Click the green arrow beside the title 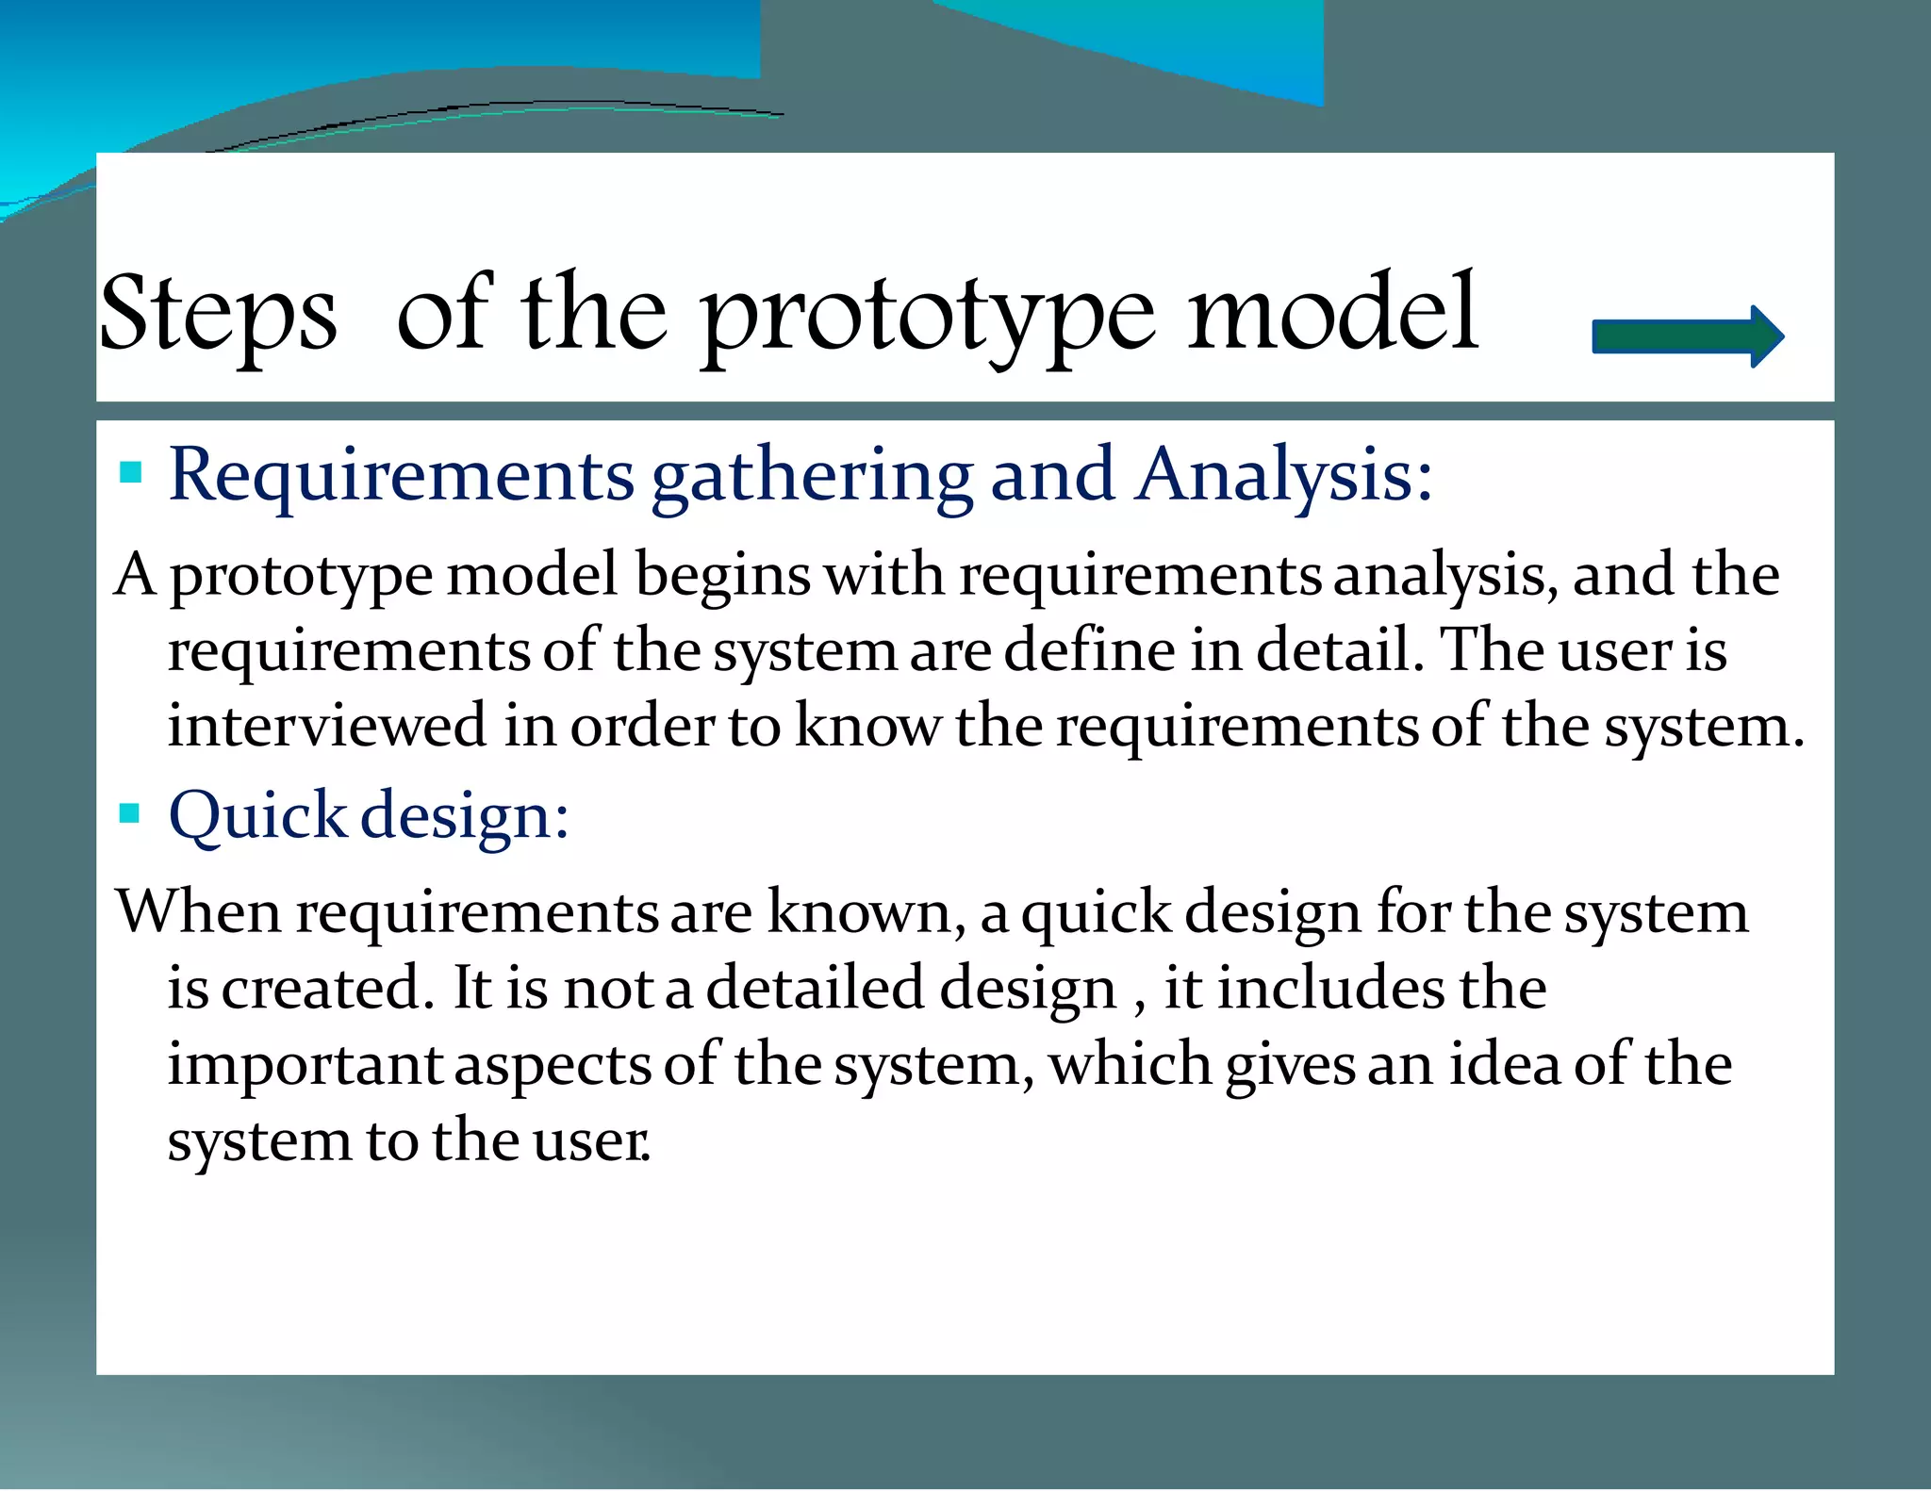click(x=1686, y=336)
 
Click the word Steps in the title click(x=218, y=314)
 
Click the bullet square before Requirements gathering click(x=131, y=471)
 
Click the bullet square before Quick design click(x=130, y=812)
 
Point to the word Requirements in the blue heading click(x=401, y=476)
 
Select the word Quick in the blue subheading click(x=257, y=816)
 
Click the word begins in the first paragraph click(x=722, y=577)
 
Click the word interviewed click(x=327, y=727)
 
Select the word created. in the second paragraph click(x=327, y=989)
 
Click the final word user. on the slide click(x=591, y=1142)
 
